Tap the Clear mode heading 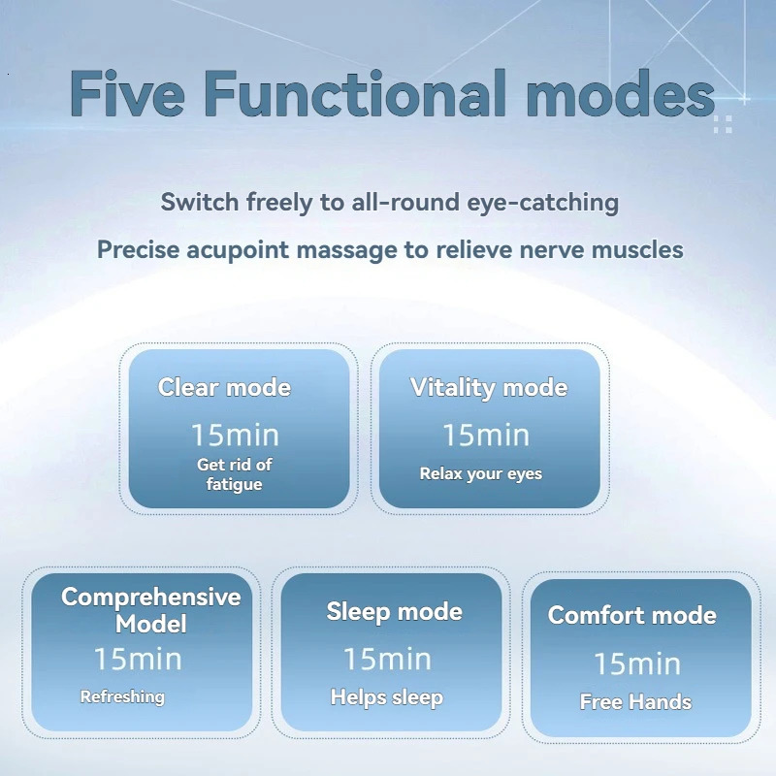pyautogui.click(x=224, y=388)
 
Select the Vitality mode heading pyautogui.click(x=489, y=388)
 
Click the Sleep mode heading pyautogui.click(x=394, y=611)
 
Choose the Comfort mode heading pyautogui.click(x=631, y=615)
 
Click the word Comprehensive pyautogui.click(x=150, y=597)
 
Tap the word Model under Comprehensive pyautogui.click(x=150, y=624)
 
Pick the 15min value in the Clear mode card pyautogui.click(x=234, y=434)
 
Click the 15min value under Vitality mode pyautogui.click(x=485, y=435)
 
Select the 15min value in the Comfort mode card pyautogui.click(x=636, y=663)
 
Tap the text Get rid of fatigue pyautogui.click(x=234, y=474)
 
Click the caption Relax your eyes pyautogui.click(x=480, y=474)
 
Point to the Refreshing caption pyautogui.click(x=122, y=696)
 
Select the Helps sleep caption pyautogui.click(x=386, y=697)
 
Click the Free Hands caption pyautogui.click(x=635, y=702)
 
